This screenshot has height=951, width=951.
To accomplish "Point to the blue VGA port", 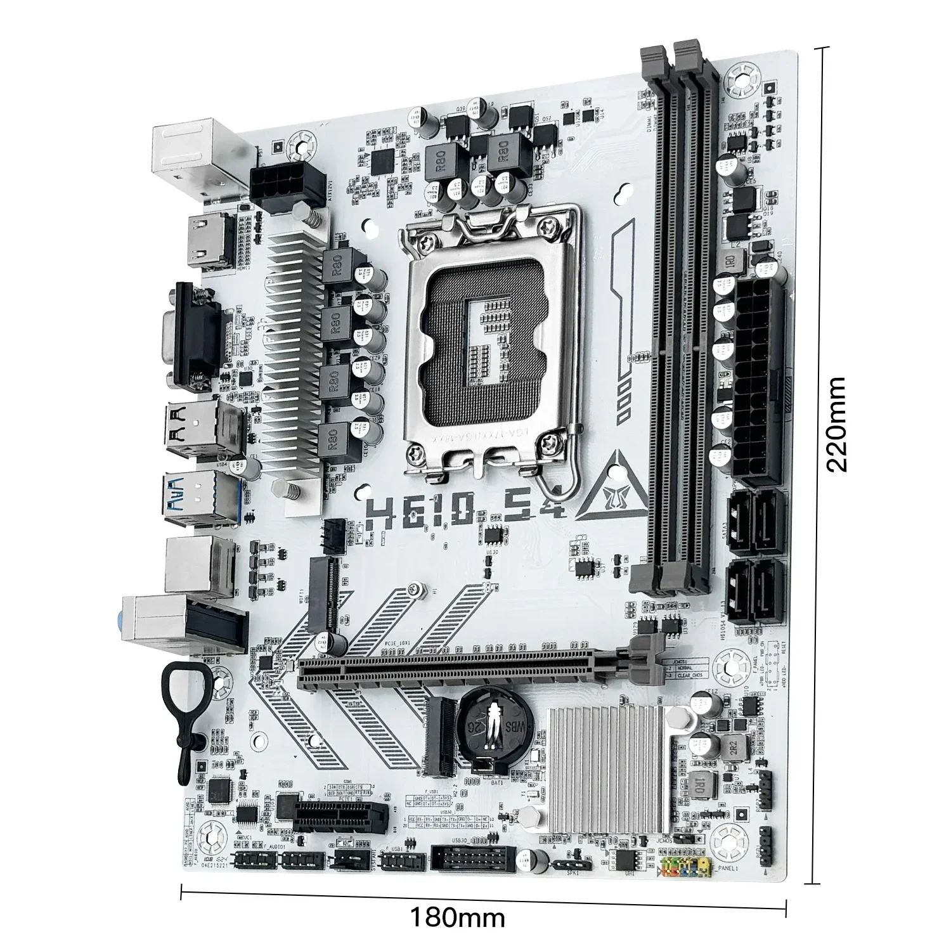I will click(x=193, y=334).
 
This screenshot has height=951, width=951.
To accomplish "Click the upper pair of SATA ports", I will click(x=754, y=519).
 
